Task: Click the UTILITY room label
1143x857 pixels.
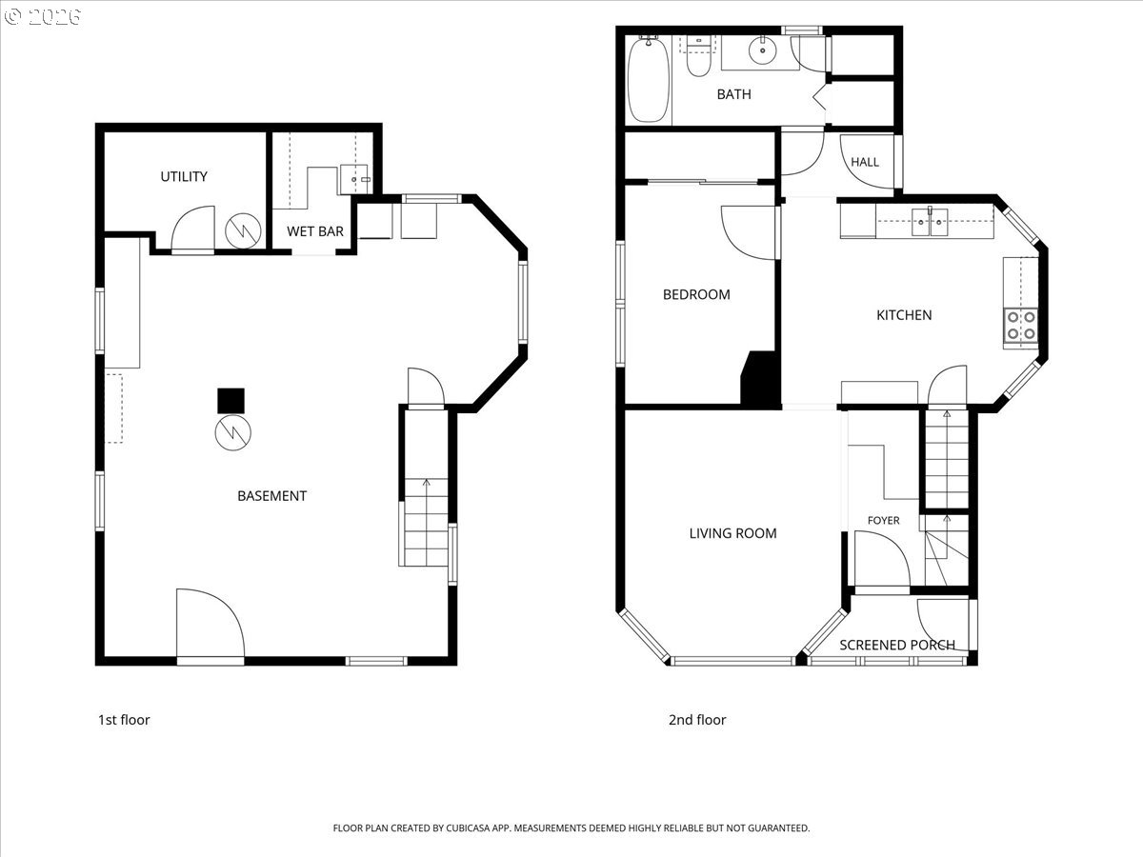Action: (x=184, y=177)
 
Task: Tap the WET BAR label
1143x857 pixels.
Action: (x=315, y=231)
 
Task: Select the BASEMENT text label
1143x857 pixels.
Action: (x=271, y=496)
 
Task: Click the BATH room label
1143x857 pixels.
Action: (x=733, y=94)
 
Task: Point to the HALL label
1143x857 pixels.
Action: (x=865, y=162)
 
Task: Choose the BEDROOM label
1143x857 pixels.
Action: (x=696, y=294)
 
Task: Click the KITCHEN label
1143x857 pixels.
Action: (x=904, y=315)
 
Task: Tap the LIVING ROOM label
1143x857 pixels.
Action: (x=732, y=533)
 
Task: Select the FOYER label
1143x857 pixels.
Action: (x=883, y=520)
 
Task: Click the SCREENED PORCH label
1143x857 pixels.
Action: (x=897, y=645)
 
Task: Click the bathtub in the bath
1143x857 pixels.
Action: (x=648, y=80)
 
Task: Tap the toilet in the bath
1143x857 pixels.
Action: (x=698, y=56)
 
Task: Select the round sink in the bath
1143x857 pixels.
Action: (x=762, y=51)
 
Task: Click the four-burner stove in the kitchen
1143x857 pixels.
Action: (x=1021, y=326)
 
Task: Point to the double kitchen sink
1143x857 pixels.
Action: (x=930, y=222)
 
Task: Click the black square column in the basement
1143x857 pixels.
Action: (x=231, y=401)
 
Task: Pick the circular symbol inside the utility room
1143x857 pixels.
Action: (x=243, y=230)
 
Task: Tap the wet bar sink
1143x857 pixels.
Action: (x=354, y=180)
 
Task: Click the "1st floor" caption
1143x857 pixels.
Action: (x=124, y=720)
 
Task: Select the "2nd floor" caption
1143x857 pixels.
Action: (x=697, y=720)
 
